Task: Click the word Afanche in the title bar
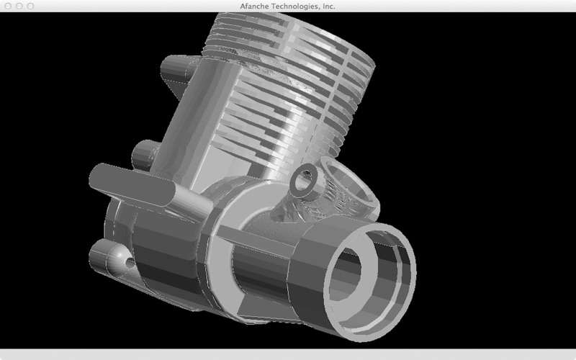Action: coord(254,6)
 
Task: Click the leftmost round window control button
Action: coord(8,6)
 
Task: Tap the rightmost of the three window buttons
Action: coord(30,6)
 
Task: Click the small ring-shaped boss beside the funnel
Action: coord(305,181)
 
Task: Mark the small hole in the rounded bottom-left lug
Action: coord(130,262)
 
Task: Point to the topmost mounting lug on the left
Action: coord(176,71)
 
